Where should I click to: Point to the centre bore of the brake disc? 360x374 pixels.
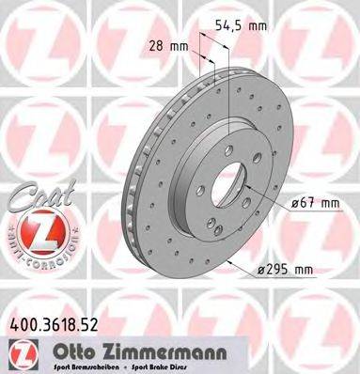224,169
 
